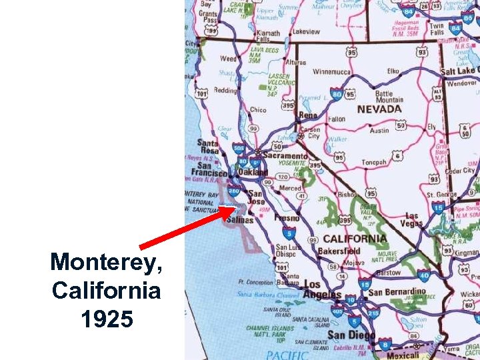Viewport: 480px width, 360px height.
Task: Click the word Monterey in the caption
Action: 105,262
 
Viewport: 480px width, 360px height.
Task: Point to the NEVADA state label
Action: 379,109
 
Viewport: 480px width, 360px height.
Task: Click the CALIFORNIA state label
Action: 355,239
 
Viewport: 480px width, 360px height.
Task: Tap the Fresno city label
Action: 286,218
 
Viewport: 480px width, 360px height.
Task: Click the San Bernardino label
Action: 397,292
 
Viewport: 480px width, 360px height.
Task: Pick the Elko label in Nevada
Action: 393,71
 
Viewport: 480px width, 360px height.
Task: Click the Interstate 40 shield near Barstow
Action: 423,275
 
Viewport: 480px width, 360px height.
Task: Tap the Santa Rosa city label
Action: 207,147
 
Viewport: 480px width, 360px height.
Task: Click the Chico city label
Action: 257,110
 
